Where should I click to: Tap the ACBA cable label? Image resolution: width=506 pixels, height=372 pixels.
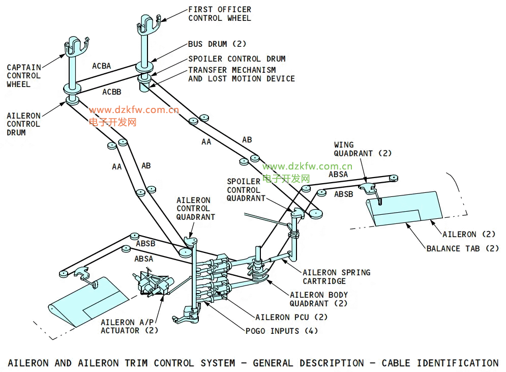pos(102,66)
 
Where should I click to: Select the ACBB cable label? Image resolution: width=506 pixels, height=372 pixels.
pos(112,92)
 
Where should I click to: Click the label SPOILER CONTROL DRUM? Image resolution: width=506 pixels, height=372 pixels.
pos(237,59)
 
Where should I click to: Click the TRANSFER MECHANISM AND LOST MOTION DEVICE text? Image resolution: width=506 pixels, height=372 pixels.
pos(241,74)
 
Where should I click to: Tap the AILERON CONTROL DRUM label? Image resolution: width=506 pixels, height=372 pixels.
pos(23,124)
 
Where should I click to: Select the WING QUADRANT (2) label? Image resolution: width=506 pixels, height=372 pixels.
pos(363,149)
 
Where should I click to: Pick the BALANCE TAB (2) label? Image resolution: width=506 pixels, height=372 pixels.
pos(463,249)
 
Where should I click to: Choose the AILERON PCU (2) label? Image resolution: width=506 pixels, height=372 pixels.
pos(291,317)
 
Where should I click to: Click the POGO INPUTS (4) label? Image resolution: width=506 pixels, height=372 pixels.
pos(282,331)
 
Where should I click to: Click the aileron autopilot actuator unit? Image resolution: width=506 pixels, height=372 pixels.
pos(153,284)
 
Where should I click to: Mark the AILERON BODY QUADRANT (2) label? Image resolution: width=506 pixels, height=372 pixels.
pos(319,299)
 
